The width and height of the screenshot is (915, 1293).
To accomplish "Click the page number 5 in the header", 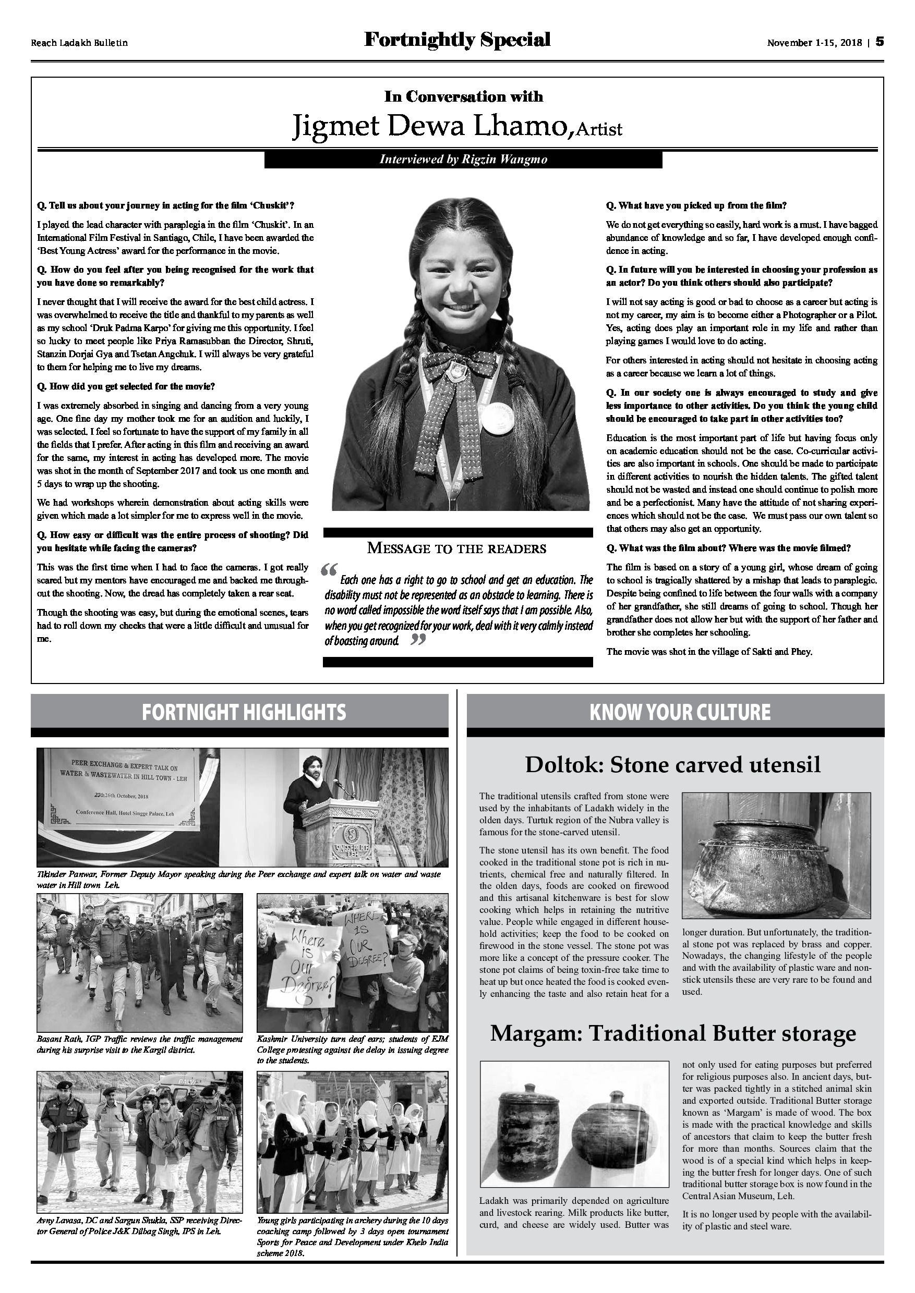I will coord(880,42).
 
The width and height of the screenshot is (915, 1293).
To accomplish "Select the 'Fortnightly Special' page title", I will coord(457,40).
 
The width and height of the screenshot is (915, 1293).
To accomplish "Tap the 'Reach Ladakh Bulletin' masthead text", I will coord(79,43).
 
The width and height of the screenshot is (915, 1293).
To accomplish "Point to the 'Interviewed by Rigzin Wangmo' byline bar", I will coord(463,160).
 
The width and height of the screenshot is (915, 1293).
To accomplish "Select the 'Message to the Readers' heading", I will coord(456,548).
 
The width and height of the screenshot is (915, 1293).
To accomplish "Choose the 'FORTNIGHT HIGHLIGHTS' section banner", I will coord(244,712).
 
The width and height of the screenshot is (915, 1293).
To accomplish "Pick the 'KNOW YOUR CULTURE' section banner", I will coord(680,712).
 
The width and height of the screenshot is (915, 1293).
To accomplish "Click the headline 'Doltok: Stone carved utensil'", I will coord(673,765).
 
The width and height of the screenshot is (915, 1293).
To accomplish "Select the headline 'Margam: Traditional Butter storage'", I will coord(673,1033).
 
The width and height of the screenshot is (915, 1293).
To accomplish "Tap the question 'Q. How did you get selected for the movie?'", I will coord(126,386).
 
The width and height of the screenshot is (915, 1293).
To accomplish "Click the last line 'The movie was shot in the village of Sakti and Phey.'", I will coord(709,652).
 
